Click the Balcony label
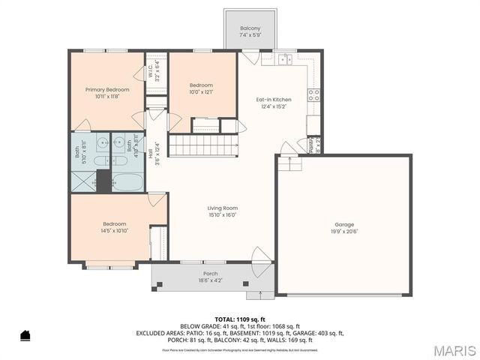point(250,28)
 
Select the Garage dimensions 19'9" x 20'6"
point(344,231)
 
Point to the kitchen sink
point(285,59)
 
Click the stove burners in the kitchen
point(314,94)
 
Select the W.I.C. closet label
point(151,70)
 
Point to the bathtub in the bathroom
point(124,181)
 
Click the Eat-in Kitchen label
point(274,100)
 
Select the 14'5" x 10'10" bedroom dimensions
point(114,230)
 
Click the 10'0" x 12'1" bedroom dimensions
point(201,91)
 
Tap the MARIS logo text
point(453,349)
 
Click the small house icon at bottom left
point(25,335)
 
